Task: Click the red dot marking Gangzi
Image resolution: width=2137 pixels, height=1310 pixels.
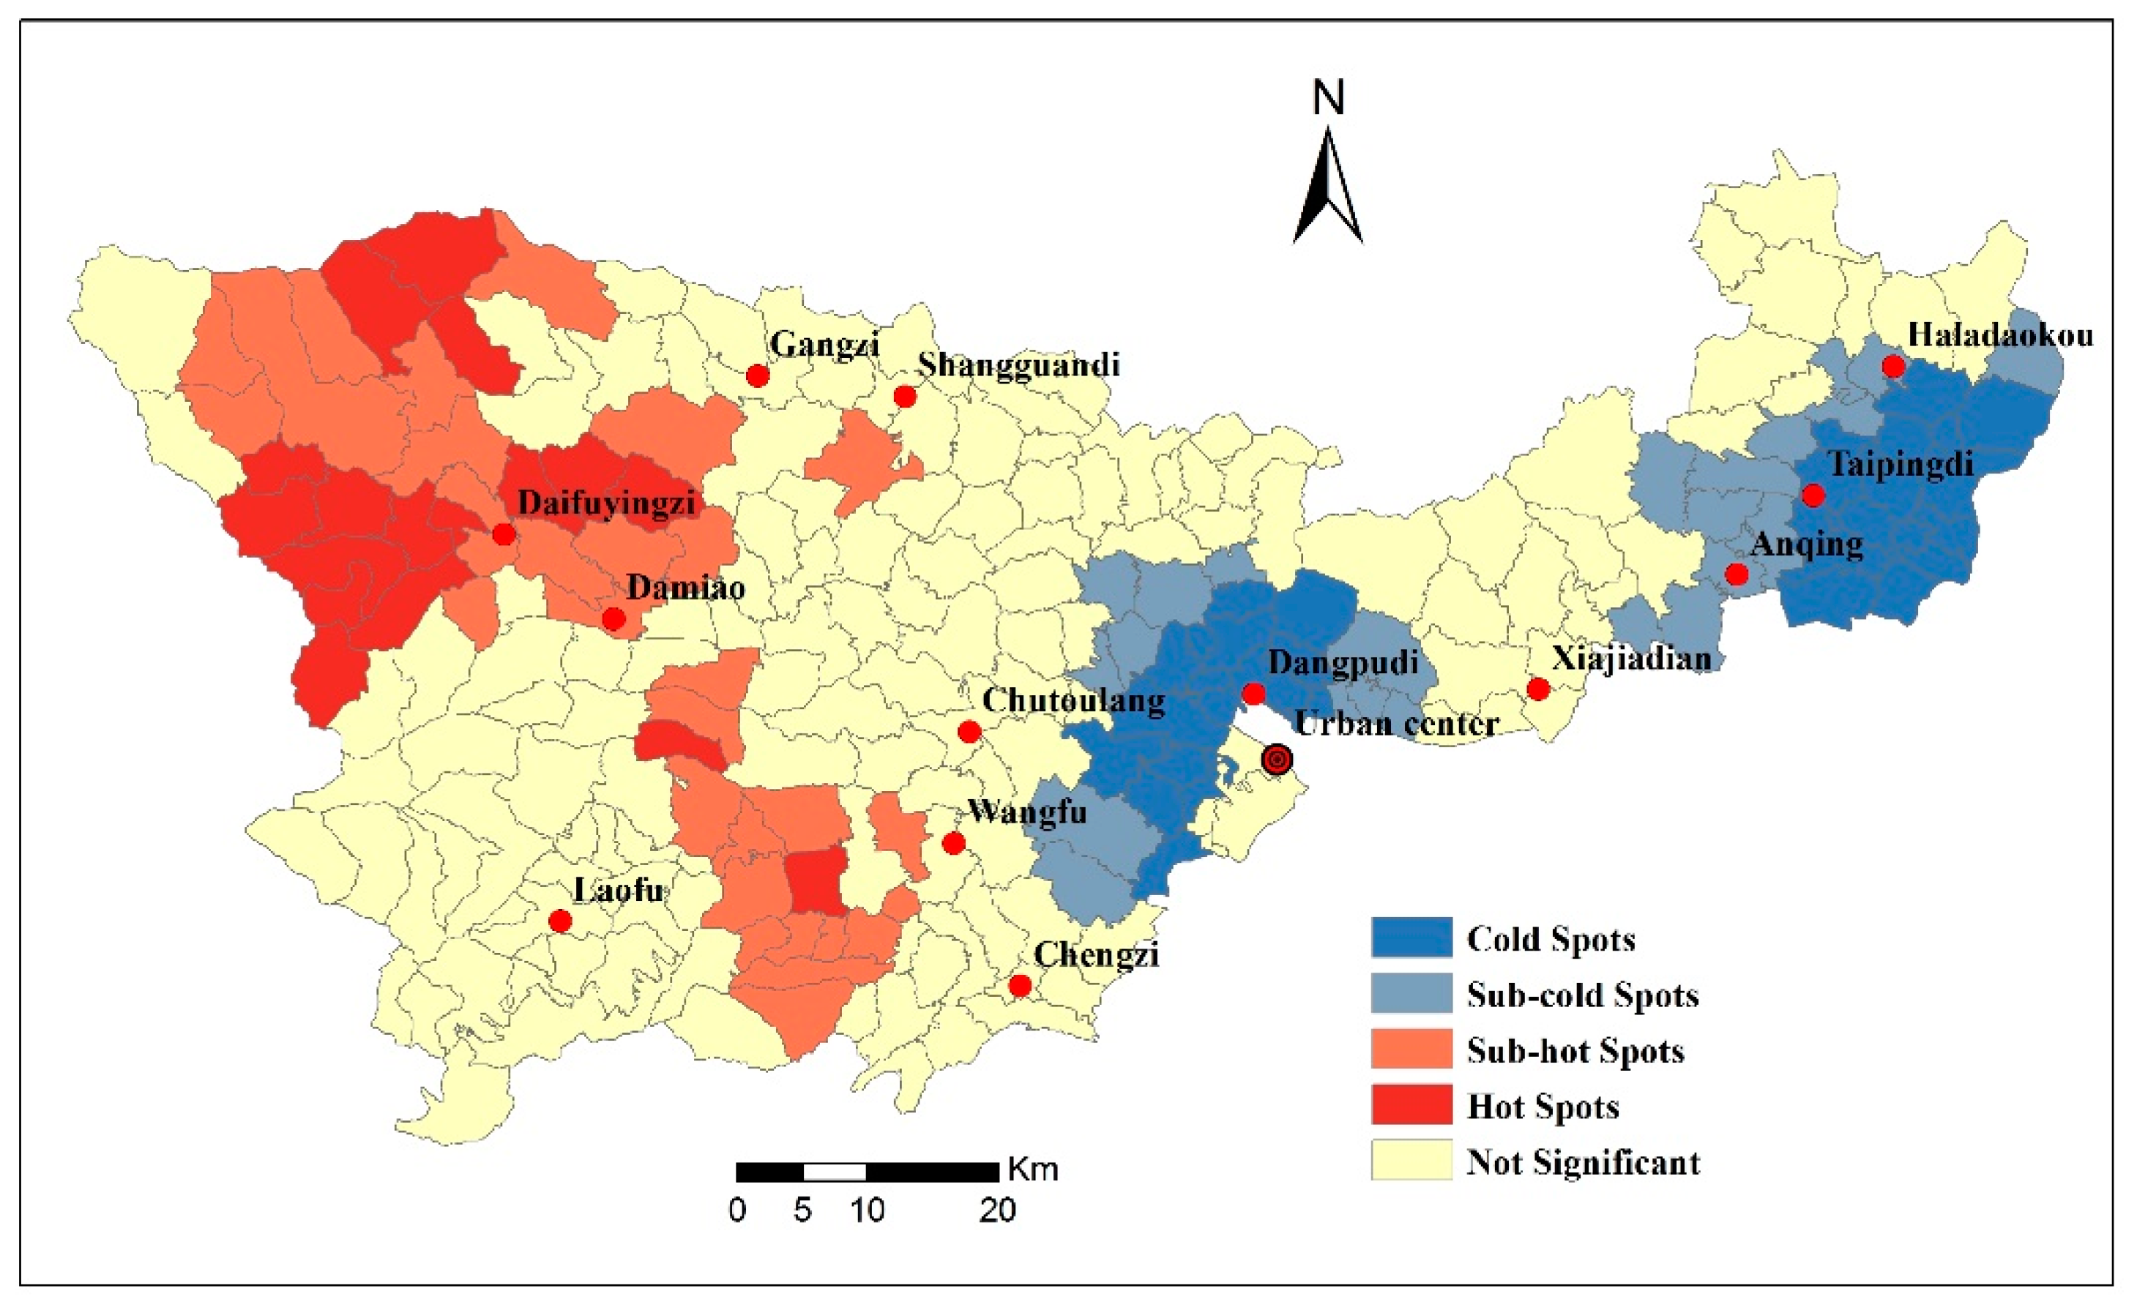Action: [x=757, y=375]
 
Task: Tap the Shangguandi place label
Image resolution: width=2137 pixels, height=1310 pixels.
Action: [x=1019, y=365]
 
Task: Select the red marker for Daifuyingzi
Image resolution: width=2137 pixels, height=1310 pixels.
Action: [x=503, y=534]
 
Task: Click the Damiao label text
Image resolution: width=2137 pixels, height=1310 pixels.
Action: [x=685, y=588]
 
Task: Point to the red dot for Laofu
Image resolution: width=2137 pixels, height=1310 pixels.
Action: [x=560, y=921]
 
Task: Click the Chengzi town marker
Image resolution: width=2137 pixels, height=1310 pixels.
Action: [x=1020, y=986]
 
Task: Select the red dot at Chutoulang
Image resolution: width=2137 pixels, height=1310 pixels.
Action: [x=969, y=732]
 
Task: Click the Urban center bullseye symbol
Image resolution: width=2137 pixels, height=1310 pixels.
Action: [x=1277, y=760]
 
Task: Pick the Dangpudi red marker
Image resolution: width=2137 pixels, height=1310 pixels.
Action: [x=1253, y=694]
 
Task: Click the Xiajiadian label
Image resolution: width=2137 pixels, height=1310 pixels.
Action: [x=1631, y=659]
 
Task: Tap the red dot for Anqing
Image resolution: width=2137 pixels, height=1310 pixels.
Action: [x=1737, y=574]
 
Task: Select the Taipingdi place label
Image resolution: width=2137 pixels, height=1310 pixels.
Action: [x=1901, y=465]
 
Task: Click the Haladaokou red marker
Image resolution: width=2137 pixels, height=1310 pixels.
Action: [x=1893, y=366]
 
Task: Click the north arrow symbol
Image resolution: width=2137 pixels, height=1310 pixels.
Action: [x=1328, y=187]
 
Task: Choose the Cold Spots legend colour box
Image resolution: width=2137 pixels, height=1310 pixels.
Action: [x=1411, y=938]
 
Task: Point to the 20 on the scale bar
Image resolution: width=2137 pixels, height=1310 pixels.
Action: [x=997, y=1210]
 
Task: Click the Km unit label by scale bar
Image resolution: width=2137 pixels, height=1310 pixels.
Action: [x=1033, y=1170]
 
